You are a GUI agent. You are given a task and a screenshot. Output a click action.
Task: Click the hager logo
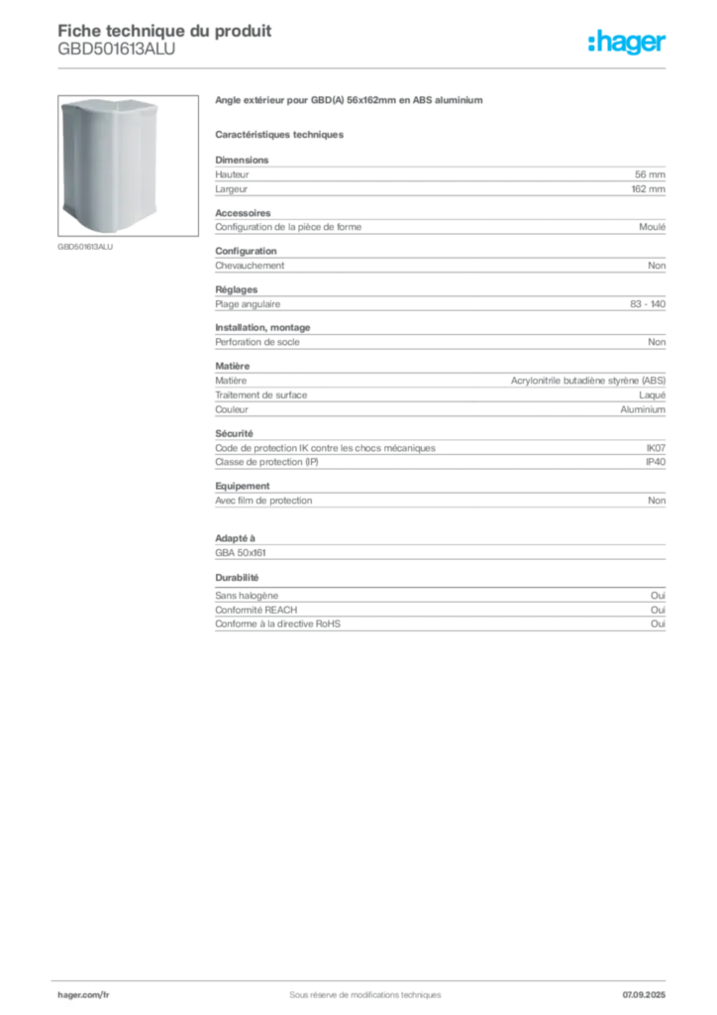coord(627,42)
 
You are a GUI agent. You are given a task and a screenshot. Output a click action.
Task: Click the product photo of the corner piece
coord(128,166)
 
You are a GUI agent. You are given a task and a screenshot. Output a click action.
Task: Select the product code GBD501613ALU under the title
coord(117,50)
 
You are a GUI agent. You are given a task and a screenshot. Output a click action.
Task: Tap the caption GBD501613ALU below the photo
coord(85,247)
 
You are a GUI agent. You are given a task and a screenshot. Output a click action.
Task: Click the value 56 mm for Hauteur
coord(650,174)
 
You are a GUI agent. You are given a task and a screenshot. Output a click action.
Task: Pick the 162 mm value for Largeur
coord(649,189)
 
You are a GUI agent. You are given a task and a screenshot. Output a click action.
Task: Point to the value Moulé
coord(653,227)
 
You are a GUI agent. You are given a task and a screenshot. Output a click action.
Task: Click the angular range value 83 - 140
coord(648,304)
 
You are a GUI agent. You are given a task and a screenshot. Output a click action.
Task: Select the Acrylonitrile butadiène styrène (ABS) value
coord(588,381)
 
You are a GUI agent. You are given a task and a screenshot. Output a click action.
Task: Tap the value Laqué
coord(653,395)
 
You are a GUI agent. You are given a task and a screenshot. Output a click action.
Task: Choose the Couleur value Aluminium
coord(643,409)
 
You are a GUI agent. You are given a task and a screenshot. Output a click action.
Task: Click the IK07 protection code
coord(656,448)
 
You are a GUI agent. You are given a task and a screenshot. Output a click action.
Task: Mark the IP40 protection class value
coord(656,462)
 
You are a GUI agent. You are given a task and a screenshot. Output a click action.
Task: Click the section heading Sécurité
coord(234,434)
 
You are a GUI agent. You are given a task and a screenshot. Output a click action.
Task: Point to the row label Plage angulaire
coord(248,304)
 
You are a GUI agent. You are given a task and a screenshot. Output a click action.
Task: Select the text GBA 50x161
coord(241,553)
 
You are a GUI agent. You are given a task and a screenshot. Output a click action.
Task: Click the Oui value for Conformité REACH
coord(659,610)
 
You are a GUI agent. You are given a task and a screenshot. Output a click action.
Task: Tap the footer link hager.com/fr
coord(83,995)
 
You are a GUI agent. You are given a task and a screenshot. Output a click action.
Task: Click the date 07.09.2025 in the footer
coord(644,995)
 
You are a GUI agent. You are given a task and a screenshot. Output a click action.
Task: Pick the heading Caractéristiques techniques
coord(279,135)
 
